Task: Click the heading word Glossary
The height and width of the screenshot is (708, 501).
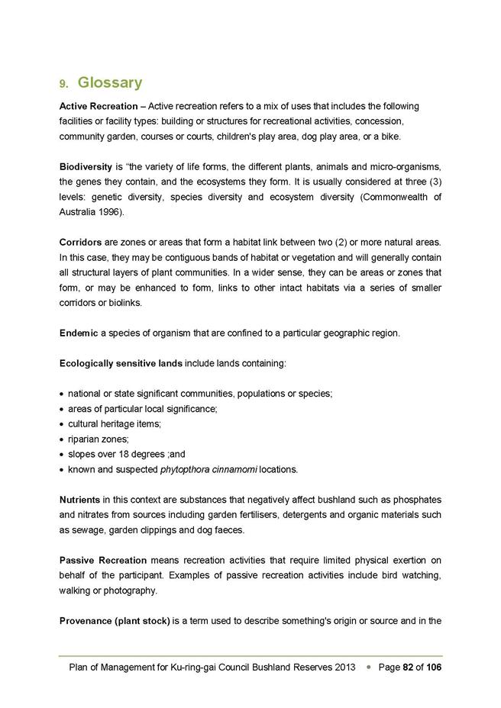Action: (110, 82)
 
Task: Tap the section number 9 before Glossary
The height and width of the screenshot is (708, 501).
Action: (63, 83)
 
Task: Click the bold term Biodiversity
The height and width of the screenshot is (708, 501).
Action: (84, 166)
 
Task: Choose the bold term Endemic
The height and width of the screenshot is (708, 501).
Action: (79, 333)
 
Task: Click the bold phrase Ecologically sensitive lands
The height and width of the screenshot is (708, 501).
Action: (121, 363)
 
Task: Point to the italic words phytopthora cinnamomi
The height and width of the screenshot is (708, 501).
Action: (208, 468)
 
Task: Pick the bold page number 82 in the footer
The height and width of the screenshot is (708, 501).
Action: (409, 668)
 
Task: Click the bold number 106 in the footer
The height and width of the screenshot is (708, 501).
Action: (432, 668)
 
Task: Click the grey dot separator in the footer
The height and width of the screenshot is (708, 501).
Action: (368, 668)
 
